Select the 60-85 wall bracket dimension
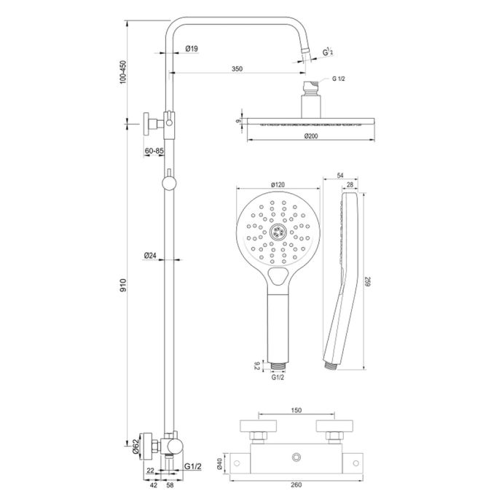pos(154,151)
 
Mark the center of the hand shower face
pos(278,232)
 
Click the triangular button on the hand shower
pos(278,276)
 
